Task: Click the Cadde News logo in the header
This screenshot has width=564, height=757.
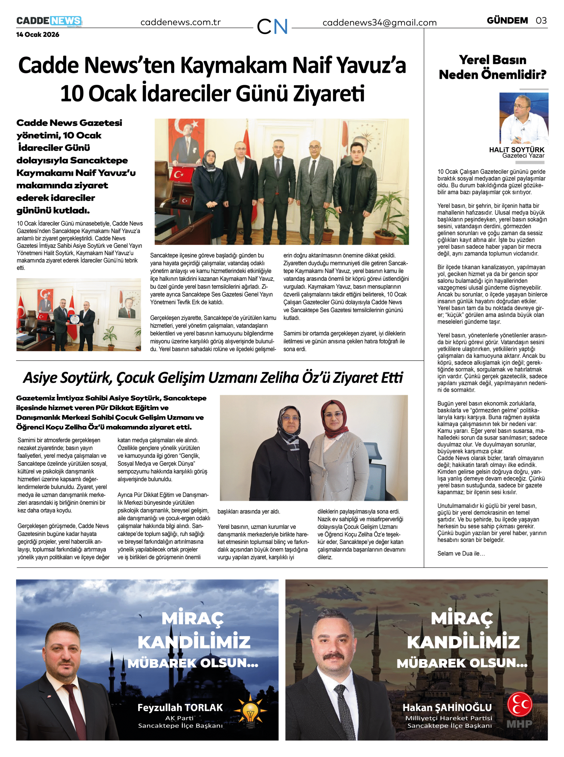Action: click(x=49, y=21)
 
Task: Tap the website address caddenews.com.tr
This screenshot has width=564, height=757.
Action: click(x=181, y=22)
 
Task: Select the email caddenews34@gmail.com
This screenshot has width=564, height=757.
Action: click(x=379, y=23)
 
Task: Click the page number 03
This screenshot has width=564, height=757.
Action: click(x=541, y=21)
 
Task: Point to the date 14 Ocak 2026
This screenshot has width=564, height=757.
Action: click(x=38, y=35)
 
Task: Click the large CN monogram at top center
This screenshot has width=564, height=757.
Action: click(x=272, y=26)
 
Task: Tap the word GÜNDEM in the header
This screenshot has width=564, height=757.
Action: click(x=507, y=21)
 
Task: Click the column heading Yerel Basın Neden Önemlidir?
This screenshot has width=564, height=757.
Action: click(x=492, y=67)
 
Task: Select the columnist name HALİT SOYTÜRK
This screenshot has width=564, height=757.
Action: click(x=517, y=150)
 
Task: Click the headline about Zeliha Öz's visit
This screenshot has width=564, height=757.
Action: click(x=213, y=378)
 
